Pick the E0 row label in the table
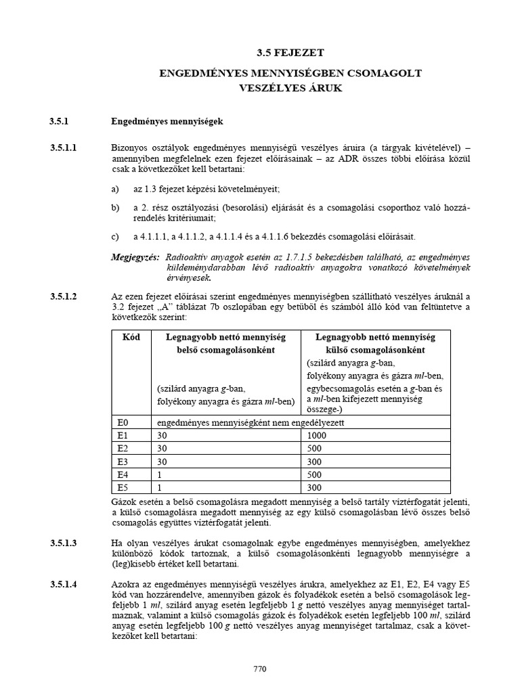pyautogui.click(x=122, y=422)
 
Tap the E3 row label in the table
pyautogui.click(x=122, y=460)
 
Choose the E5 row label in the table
pyautogui.click(x=122, y=487)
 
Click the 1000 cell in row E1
pyautogui.click(x=316, y=435)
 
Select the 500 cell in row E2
pyautogui.click(x=313, y=448)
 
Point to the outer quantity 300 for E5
pyautogui.click(x=313, y=487)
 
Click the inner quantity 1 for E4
pyautogui.click(x=158, y=474)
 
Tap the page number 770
pyautogui.click(x=260, y=669)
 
